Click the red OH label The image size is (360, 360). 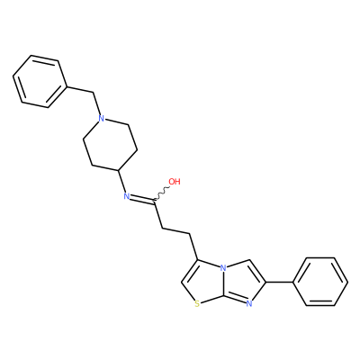[x=175, y=182]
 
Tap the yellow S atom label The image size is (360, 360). [x=197, y=304]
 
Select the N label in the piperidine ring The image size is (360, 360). [x=102, y=119]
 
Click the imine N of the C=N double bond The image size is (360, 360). [x=127, y=196]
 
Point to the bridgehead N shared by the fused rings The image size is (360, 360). [x=222, y=268]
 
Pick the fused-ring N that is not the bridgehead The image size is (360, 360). [x=248, y=304]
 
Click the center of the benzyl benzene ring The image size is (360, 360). [x=40, y=81]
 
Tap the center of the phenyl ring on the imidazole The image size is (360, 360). [x=320, y=282]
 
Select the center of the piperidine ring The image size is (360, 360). [x=110, y=145]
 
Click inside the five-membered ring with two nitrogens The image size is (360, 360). [x=241, y=283]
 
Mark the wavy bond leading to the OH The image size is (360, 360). [x=162, y=193]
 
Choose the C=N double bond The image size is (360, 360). [x=141, y=199]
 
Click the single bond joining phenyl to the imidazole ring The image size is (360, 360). [x=280, y=282]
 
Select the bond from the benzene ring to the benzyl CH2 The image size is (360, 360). [x=79, y=91]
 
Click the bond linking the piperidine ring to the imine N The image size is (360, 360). [x=121, y=182]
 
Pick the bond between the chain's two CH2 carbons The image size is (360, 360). [x=176, y=231]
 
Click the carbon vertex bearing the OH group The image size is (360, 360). [x=154, y=201]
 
